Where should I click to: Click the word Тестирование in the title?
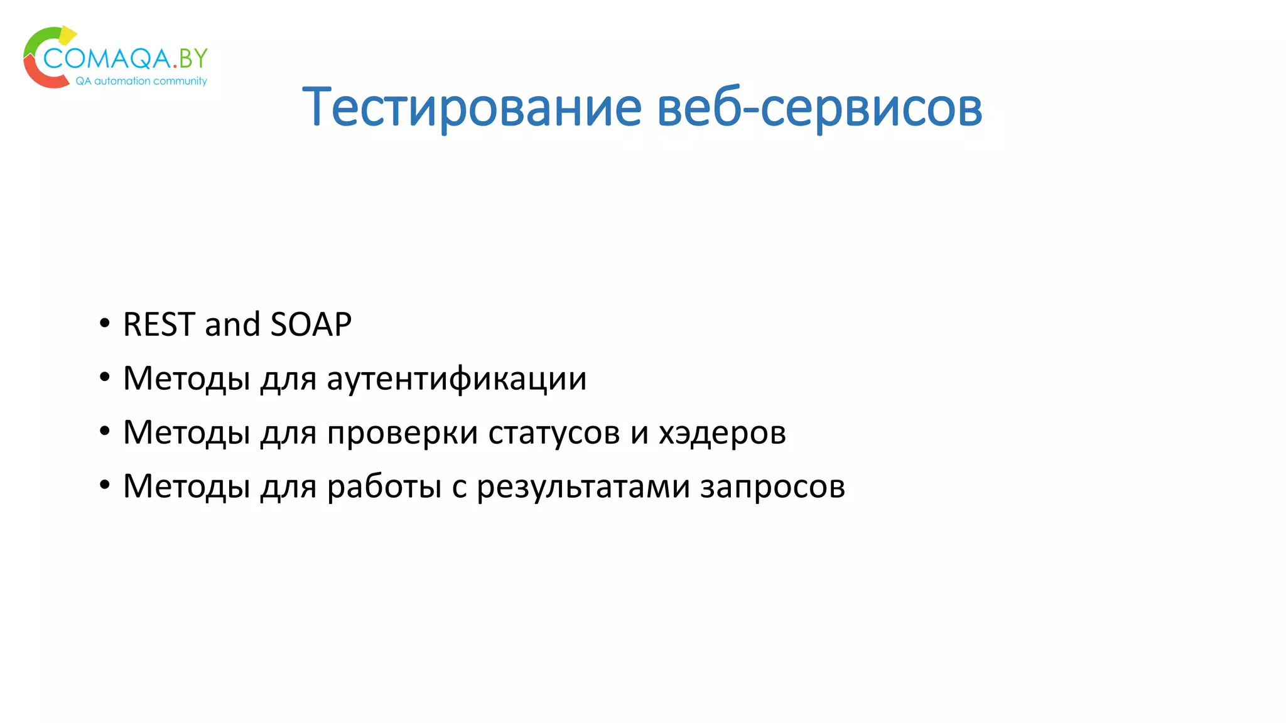click(x=472, y=107)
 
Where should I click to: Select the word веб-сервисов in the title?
click(x=819, y=107)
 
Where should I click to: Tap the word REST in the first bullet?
click(x=159, y=324)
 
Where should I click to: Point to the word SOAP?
click(x=311, y=324)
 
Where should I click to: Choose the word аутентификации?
click(x=457, y=378)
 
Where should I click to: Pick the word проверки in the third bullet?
click(x=402, y=432)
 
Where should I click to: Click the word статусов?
click(x=554, y=432)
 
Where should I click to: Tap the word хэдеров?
click(x=722, y=432)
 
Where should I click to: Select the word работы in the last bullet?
click(x=384, y=486)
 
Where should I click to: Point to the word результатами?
click(x=583, y=486)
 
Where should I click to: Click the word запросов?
click(x=772, y=486)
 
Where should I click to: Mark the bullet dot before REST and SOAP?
click(x=105, y=324)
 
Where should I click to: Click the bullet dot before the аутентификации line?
click(x=105, y=378)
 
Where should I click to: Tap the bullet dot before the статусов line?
click(x=105, y=432)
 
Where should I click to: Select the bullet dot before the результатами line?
click(x=105, y=486)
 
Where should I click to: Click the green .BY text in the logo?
click(x=190, y=58)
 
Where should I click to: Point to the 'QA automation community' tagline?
click(x=141, y=81)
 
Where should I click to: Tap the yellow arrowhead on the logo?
click(x=67, y=35)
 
